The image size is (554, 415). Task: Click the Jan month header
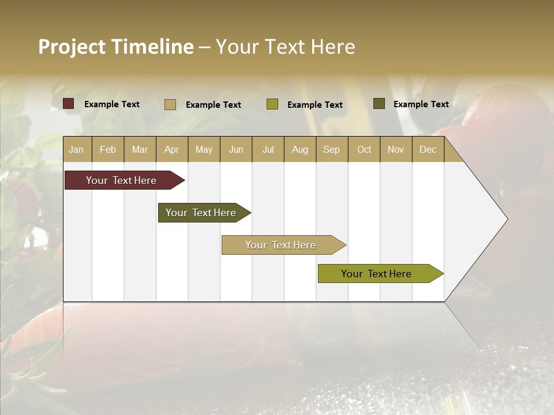point(77,149)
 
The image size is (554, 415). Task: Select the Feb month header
point(108,149)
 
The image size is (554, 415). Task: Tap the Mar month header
point(140,149)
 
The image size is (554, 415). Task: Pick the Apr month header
point(172,149)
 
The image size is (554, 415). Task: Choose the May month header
point(204,149)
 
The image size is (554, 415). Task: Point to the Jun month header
point(236,149)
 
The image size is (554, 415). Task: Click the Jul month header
point(268,149)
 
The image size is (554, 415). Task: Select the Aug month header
point(300,149)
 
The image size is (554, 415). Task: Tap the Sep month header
point(332,149)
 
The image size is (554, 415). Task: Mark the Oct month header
point(364,149)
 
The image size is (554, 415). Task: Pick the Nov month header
point(396,149)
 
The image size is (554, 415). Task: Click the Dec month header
point(428,149)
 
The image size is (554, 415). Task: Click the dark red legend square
point(69,104)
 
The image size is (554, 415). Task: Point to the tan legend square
point(170,104)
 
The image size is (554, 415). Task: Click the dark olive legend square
point(379,104)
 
